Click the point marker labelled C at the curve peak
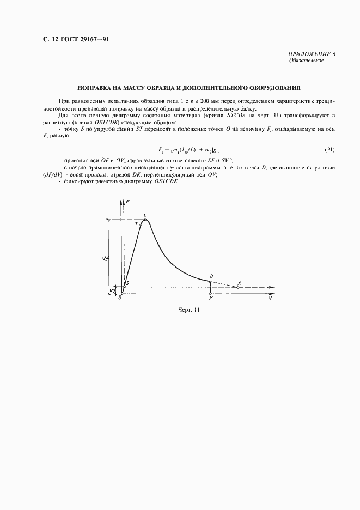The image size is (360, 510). [145, 220]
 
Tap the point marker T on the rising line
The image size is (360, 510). [141, 224]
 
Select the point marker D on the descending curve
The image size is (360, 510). [210, 282]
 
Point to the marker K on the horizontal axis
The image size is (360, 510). [210, 294]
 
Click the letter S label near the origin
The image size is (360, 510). [127, 283]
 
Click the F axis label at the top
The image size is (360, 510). [127, 203]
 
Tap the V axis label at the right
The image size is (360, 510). [270, 299]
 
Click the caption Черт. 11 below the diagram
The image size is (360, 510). [190, 311]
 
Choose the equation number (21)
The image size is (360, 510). [330, 149]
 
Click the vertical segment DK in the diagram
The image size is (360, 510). [210, 288]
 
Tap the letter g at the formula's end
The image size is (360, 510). [217, 149]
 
